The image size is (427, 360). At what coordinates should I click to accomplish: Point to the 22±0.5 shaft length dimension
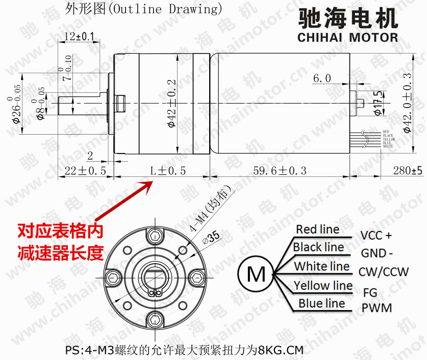coord(85,171)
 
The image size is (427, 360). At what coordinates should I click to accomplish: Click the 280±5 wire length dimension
coord(408,171)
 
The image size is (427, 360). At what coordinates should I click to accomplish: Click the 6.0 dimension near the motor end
coord(322,78)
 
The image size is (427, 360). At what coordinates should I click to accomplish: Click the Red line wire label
coord(317,229)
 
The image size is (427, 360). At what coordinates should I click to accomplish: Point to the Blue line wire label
coord(321,303)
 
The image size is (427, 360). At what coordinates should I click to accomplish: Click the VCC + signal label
coord(376,236)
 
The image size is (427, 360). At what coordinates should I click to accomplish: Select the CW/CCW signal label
coord(383,272)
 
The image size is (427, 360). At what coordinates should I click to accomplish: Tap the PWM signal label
coord(376,308)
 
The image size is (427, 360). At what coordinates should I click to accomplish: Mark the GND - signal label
coord(376,253)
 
